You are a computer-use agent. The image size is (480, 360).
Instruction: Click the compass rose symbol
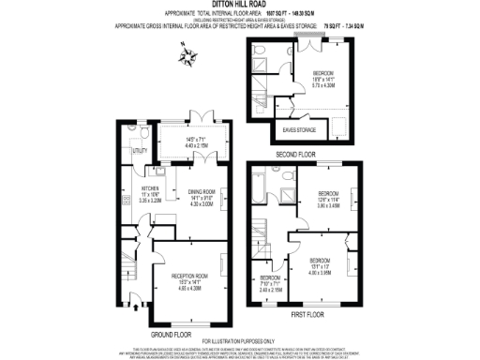click(x=193, y=59)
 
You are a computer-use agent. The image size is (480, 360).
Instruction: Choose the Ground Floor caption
click(x=171, y=333)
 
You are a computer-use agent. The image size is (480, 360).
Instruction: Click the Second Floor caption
click(x=294, y=153)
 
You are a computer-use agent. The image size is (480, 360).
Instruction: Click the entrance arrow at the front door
click(x=138, y=306)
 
